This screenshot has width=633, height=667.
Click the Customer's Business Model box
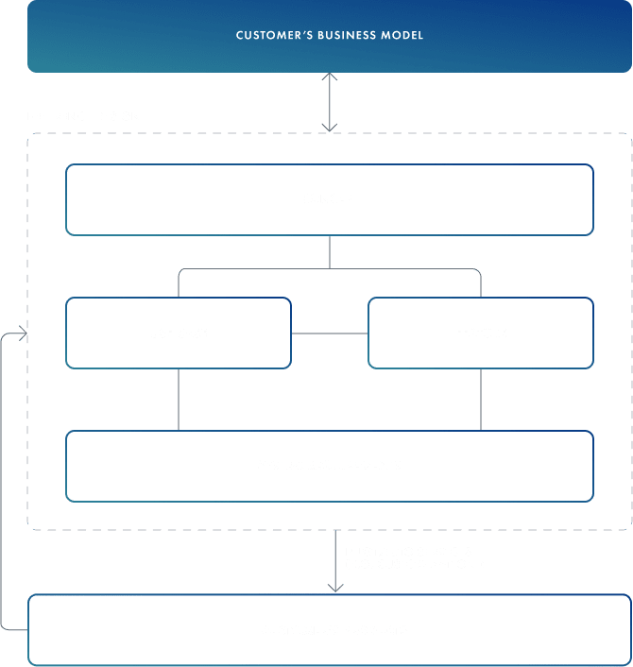(329, 36)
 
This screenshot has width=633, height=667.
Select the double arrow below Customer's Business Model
(330, 102)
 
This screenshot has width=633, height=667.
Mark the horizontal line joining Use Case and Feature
(329, 333)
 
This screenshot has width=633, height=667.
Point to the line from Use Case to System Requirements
(179, 399)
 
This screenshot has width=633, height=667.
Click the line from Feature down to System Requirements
(481, 399)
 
